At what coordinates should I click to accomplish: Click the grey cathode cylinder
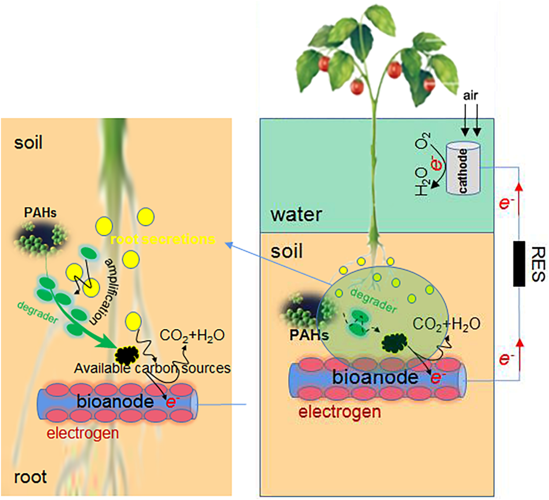(463, 170)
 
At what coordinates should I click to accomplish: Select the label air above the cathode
(471, 96)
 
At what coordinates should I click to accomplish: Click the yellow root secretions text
(163, 239)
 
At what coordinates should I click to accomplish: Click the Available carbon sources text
(152, 368)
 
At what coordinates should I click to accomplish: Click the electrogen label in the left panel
(83, 433)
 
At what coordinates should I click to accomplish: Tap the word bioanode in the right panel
(375, 377)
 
